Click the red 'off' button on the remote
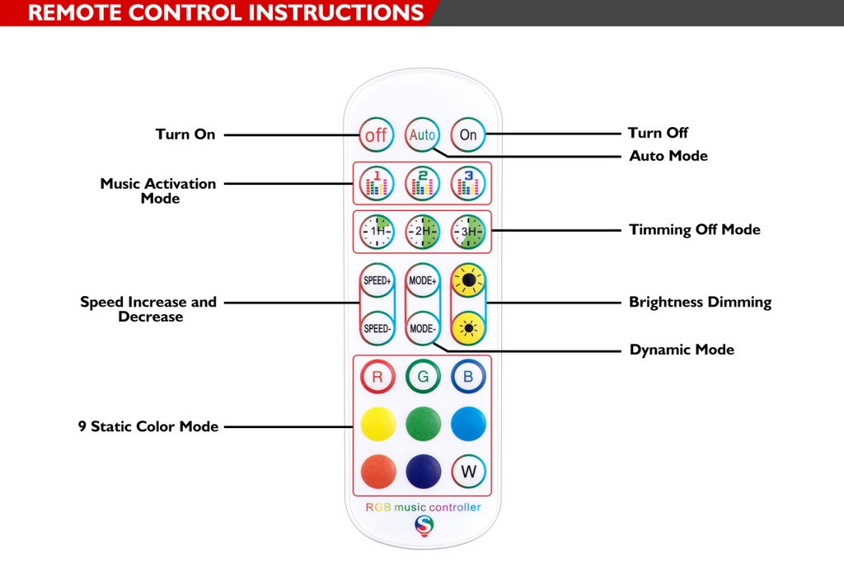coord(377,135)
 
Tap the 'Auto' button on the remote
coord(423,134)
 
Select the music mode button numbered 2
coord(423,183)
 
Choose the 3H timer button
coord(468,232)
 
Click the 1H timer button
coord(377,232)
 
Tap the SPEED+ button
coord(377,281)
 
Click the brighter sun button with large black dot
coord(468,281)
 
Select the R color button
coord(377,377)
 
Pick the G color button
coord(423,377)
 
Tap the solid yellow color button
coord(377,424)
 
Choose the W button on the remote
coord(468,472)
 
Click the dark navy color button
coord(423,472)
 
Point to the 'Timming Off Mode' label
coord(694,230)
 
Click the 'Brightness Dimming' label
coord(700,303)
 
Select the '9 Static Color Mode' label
coord(148,427)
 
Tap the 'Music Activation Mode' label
coord(158,190)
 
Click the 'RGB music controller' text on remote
coord(423,507)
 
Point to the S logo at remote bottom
coord(424,524)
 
